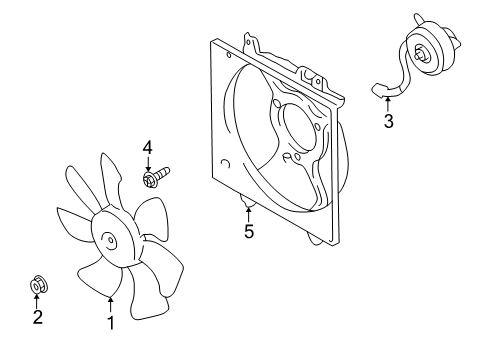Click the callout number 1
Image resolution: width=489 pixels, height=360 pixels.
coord(111,322)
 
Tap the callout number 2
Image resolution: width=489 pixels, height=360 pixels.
coord(37,318)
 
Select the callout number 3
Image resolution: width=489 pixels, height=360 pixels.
coord(387,123)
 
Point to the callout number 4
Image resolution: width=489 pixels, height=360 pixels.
coord(148,149)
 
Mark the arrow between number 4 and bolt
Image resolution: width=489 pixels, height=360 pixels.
coord(148,166)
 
